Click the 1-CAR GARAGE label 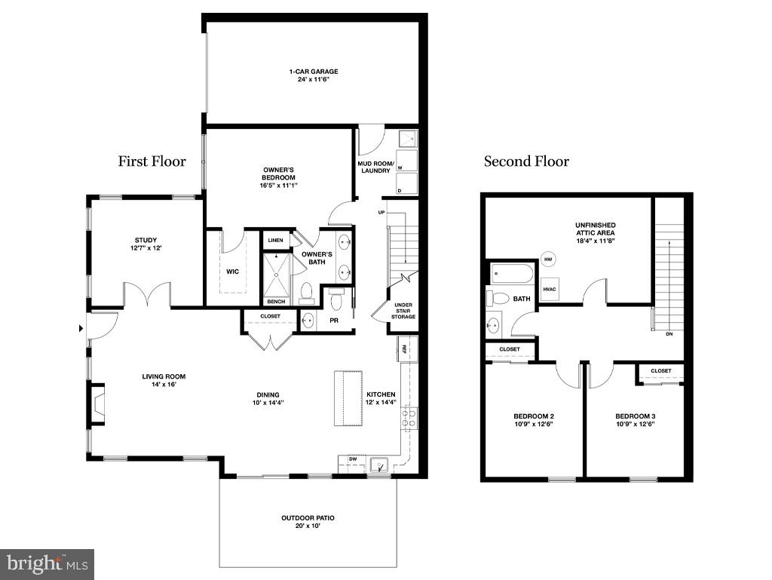[x=313, y=72]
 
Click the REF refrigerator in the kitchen [x=403, y=349]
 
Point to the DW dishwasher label [x=352, y=459]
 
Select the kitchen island [x=349, y=398]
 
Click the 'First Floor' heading [x=152, y=161]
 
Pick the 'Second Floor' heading [x=526, y=161]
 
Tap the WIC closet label [x=233, y=272]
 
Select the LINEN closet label [x=275, y=240]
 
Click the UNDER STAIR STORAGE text [x=403, y=311]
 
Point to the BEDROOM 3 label [x=636, y=416]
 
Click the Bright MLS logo [x=47, y=563]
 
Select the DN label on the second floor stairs [x=669, y=333]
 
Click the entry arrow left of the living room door [x=81, y=328]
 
